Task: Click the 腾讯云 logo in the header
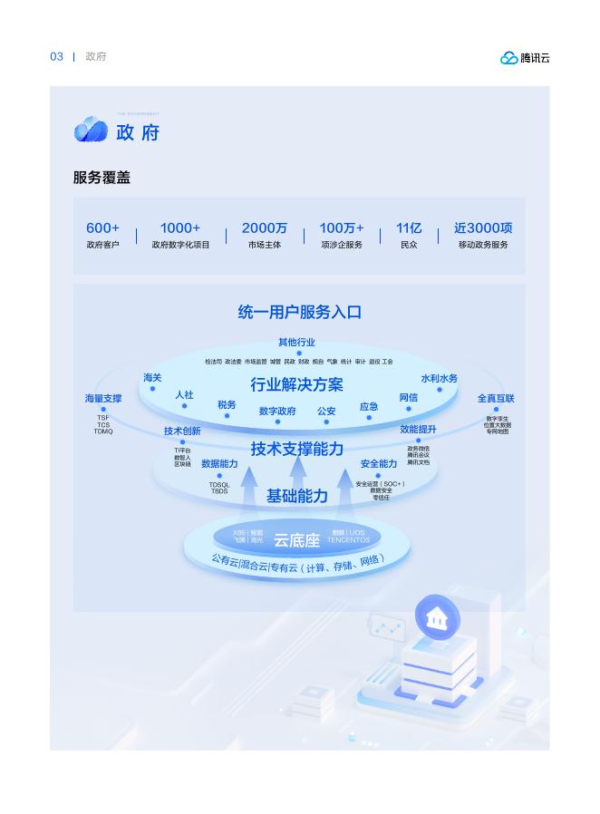click(525, 58)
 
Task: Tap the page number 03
click(56, 57)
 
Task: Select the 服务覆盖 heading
click(102, 178)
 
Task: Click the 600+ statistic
click(102, 228)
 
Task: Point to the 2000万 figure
click(264, 228)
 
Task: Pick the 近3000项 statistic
click(483, 228)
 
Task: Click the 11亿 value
click(409, 228)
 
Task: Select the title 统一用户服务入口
click(299, 312)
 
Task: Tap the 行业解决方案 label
click(296, 384)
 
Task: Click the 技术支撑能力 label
click(296, 449)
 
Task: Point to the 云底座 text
click(296, 540)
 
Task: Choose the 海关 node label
click(152, 378)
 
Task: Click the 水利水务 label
click(439, 378)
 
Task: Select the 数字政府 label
click(277, 411)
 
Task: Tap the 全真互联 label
click(496, 398)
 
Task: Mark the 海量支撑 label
click(103, 398)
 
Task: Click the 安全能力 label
click(378, 464)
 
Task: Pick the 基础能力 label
click(296, 496)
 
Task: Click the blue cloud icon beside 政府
click(91, 131)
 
